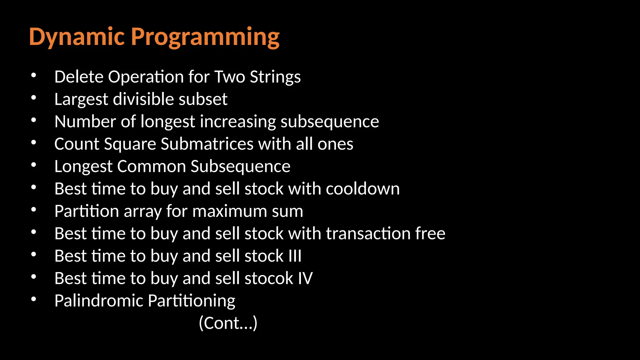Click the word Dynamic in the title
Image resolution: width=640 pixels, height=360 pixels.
pos(77,37)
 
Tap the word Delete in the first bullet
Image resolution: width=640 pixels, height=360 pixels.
pos(79,77)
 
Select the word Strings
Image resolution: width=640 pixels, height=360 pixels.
pos(275,77)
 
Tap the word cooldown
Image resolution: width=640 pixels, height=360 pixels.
pos(362,189)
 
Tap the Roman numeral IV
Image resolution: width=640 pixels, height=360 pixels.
pos(305,278)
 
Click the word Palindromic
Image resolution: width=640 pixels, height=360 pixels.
pos(98,301)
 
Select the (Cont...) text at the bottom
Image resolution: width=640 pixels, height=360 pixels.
pos(228,323)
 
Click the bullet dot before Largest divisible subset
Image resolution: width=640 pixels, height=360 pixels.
pos(34,98)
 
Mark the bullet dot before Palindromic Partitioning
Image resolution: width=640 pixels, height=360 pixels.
pos(34,299)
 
